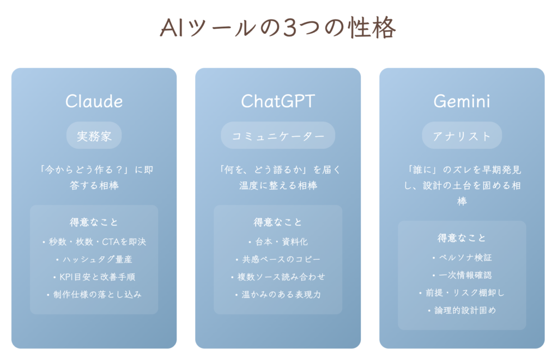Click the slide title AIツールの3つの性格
coord(278,28)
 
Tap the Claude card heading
coord(94,101)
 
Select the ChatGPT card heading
coord(278,101)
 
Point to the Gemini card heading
coord(462,101)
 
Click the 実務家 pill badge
coord(94,136)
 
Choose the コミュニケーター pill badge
coord(278,136)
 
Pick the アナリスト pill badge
coord(462,136)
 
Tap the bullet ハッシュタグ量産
coord(94,259)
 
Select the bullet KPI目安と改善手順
coord(94,277)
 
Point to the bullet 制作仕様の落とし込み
coord(94,295)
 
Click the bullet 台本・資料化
coord(278,242)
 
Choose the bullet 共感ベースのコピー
coord(278,259)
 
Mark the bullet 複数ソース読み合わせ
coord(278,277)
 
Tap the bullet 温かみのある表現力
coord(278,295)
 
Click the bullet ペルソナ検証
coord(462,258)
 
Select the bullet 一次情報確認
coord(462,275)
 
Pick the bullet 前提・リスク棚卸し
coord(462,293)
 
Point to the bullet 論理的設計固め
coord(462,310)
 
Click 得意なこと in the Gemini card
coord(462,238)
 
